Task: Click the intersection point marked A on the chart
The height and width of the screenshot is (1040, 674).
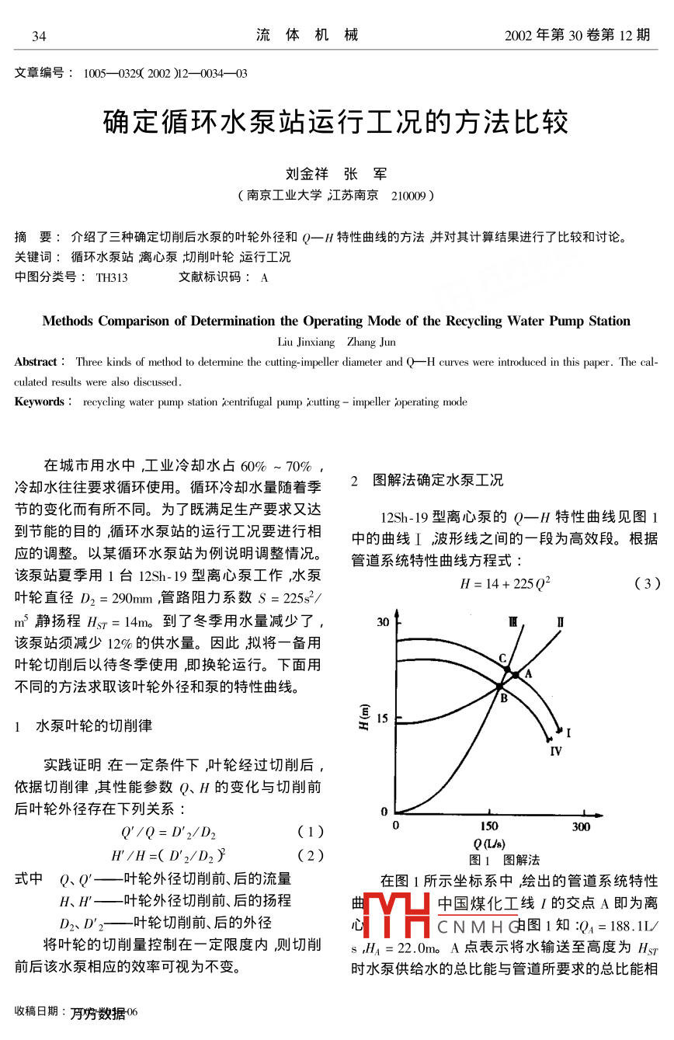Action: tap(516, 675)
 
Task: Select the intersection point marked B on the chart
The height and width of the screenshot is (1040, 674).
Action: tap(499, 687)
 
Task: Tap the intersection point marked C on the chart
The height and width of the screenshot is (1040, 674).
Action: tap(507, 669)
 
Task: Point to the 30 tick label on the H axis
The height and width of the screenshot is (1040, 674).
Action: tap(383, 621)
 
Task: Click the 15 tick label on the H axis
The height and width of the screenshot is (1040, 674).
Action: tap(383, 718)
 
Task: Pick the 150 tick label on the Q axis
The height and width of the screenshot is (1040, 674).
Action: tap(489, 826)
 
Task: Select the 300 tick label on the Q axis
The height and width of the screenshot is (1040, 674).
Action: tap(581, 826)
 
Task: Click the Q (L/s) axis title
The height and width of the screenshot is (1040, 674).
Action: tap(489, 843)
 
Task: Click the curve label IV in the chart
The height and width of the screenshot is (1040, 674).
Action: tap(556, 751)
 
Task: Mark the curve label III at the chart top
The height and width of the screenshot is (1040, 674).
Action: tap(514, 621)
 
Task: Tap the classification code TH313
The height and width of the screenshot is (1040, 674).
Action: tap(112, 277)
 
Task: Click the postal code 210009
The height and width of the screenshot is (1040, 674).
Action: tap(409, 196)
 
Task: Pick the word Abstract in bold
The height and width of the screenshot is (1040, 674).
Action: tap(36, 362)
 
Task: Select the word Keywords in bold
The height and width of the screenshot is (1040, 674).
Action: tap(40, 402)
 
